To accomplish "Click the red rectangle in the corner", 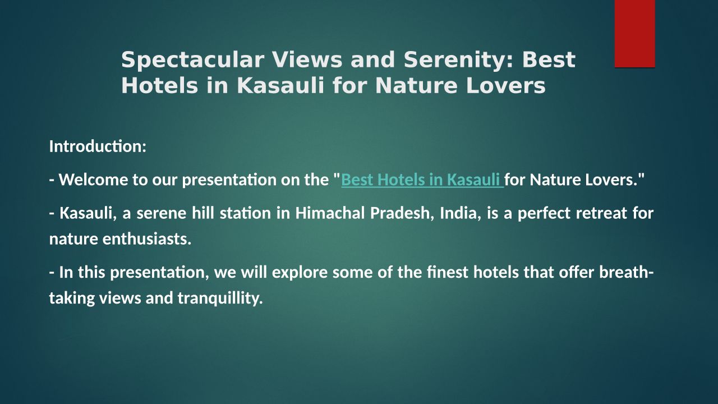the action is [x=634, y=34].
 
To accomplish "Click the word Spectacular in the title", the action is [x=192, y=60].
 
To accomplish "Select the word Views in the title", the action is [x=307, y=59].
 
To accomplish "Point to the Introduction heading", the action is [x=98, y=146].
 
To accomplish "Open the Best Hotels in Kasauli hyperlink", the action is [x=422, y=180].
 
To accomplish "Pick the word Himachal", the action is [x=330, y=213].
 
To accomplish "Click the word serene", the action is [x=161, y=214].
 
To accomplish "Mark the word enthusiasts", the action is [x=147, y=239].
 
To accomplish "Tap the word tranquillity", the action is [x=220, y=299].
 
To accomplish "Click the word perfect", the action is [x=544, y=214].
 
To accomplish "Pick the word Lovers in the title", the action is [x=505, y=86].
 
